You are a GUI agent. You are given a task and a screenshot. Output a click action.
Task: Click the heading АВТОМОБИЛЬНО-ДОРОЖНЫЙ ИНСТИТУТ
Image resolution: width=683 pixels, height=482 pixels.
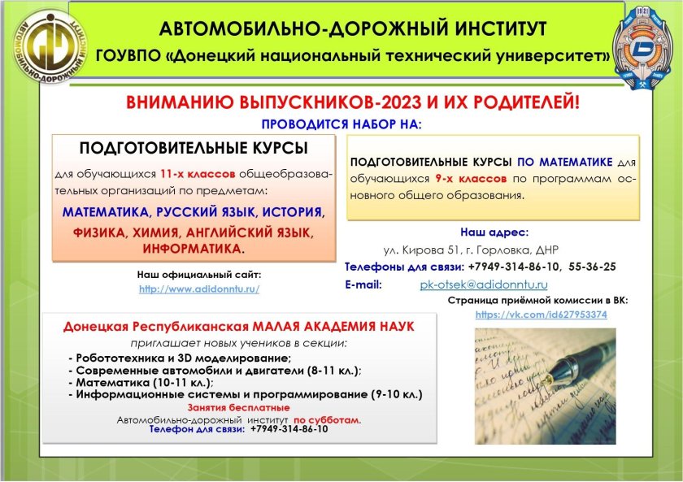click(353, 30)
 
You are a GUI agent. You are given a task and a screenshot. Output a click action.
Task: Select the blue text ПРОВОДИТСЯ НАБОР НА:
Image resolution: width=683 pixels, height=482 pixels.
click(341, 125)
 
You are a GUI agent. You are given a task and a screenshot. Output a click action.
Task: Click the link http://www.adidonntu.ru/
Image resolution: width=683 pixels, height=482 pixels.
click(199, 289)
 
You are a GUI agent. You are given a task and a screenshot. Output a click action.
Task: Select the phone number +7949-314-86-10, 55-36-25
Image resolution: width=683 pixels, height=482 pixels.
click(542, 267)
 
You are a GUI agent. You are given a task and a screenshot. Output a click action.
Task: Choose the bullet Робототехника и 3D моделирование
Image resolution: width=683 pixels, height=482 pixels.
click(180, 358)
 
